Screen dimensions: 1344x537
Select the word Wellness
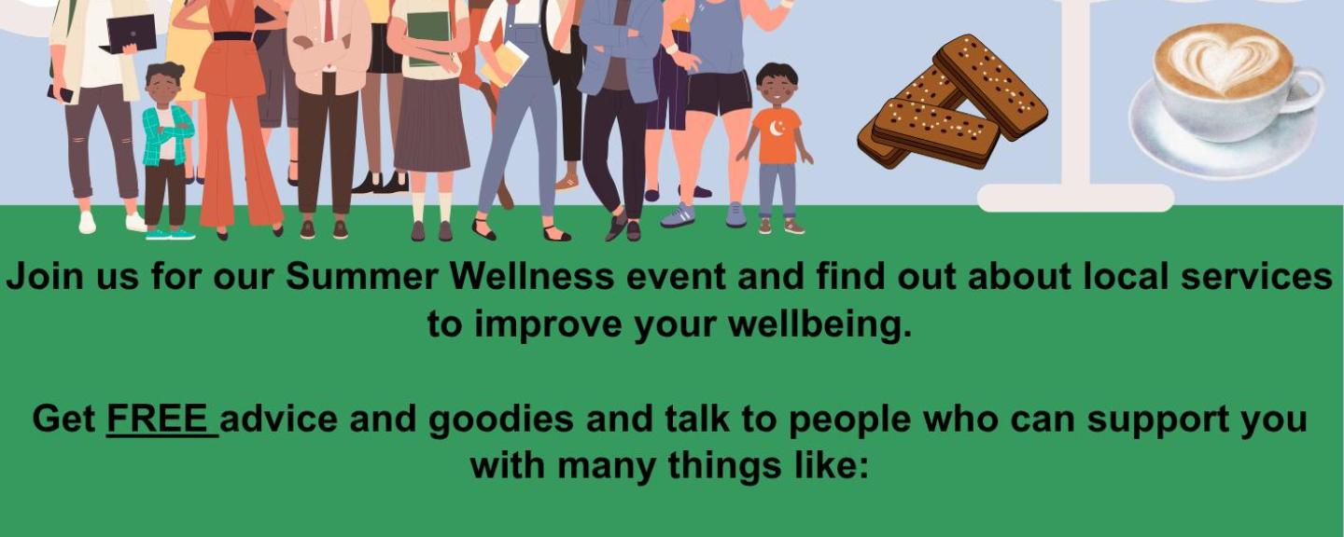[533, 276]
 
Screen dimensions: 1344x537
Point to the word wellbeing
[819, 324]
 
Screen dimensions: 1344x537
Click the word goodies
[501, 420]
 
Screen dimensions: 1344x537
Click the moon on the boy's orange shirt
[777, 128]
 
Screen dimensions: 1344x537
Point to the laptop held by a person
[130, 34]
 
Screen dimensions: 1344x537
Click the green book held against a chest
[429, 37]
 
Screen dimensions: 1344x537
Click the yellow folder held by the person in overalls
[504, 64]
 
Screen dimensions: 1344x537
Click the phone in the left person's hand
[61, 93]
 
